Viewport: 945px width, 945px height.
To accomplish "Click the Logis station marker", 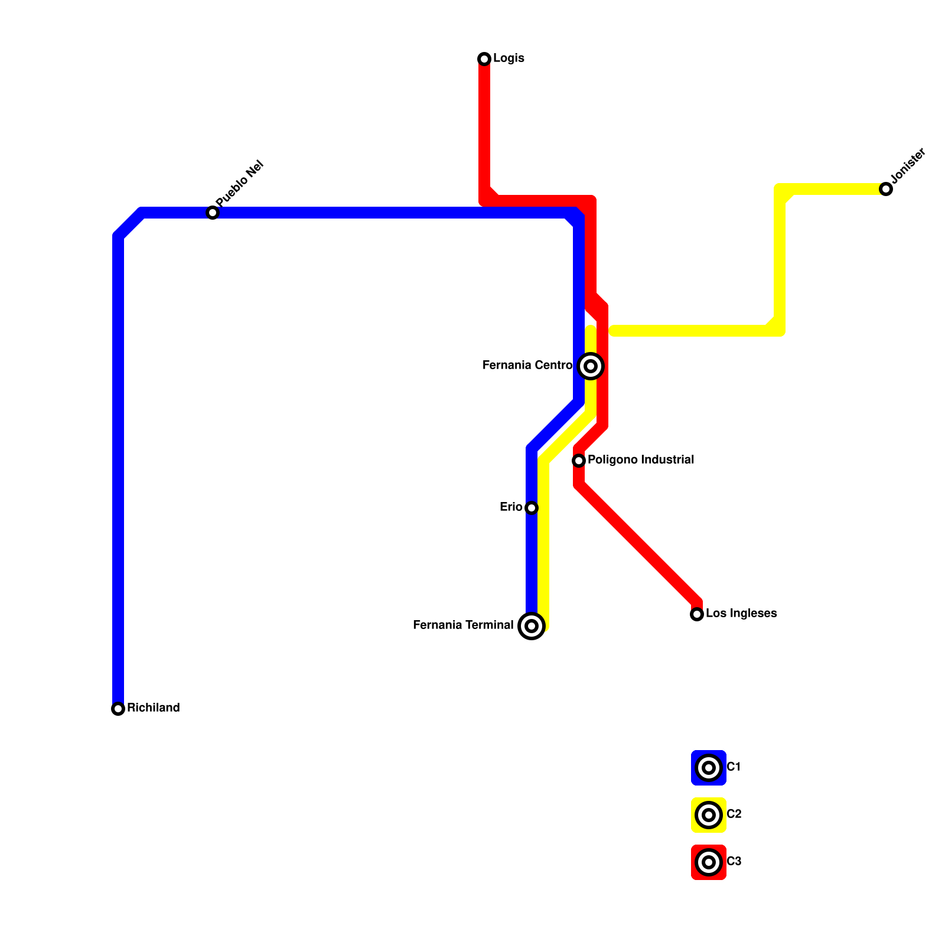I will [x=484, y=59].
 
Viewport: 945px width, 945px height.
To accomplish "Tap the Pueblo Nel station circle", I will [x=213, y=213].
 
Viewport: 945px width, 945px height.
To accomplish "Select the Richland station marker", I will [x=118, y=709].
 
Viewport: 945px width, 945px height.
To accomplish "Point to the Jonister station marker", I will [x=886, y=189].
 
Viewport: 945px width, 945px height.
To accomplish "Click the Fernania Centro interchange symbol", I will [x=591, y=366].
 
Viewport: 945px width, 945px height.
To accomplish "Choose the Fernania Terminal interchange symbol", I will [x=532, y=626].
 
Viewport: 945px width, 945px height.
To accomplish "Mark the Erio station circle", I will [x=532, y=508].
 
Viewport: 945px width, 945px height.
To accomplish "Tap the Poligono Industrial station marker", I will [x=579, y=461].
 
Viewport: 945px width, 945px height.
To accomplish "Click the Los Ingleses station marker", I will [x=697, y=614].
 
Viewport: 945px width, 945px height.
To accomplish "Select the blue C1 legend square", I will [x=709, y=768].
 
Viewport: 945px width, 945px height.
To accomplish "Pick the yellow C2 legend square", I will [x=709, y=815].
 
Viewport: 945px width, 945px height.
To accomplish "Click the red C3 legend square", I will [x=709, y=862].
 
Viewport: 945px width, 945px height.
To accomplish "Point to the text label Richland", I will [x=154, y=708].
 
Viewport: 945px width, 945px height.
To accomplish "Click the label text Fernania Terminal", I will [x=463, y=625].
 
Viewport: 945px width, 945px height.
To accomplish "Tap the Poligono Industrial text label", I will [x=641, y=460].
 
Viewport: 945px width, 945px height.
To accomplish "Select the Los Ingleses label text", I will [x=741, y=614].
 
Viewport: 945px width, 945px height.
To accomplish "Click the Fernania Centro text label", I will [x=527, y=366].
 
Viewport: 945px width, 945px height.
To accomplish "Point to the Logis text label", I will [x=509, y=58].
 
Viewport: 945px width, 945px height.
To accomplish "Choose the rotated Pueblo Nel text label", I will [x=239, y=184].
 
